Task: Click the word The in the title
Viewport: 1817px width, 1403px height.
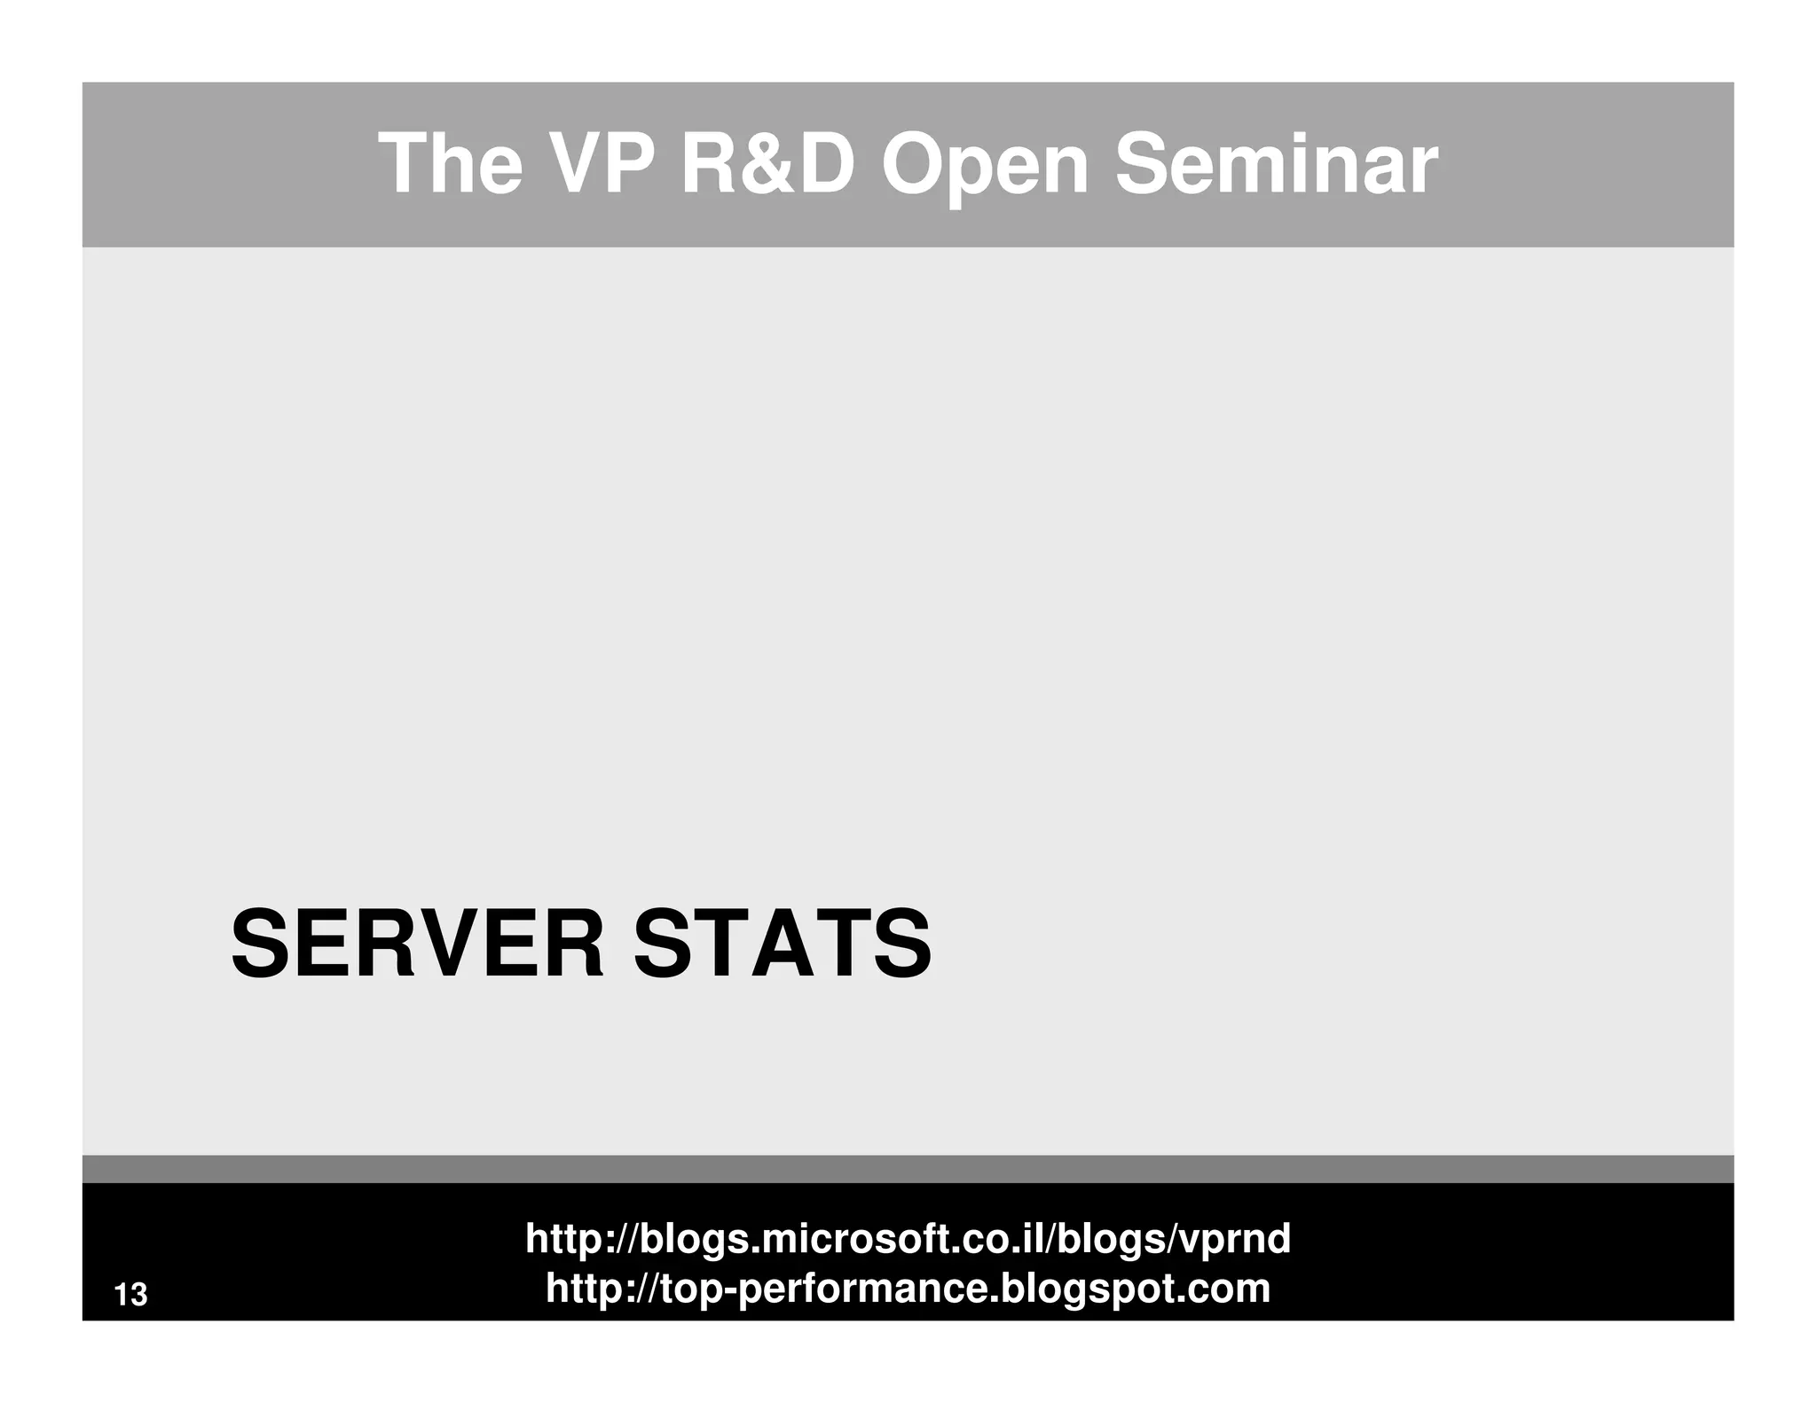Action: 451,164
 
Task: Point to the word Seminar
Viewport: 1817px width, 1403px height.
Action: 1275,164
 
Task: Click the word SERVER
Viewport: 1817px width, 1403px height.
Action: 417,944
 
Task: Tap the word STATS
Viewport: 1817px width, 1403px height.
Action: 782,944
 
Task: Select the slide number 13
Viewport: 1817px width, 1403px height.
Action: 131,1295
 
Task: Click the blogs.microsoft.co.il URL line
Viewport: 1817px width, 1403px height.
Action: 908,1238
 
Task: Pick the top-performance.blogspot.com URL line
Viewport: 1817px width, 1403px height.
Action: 908,1288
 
